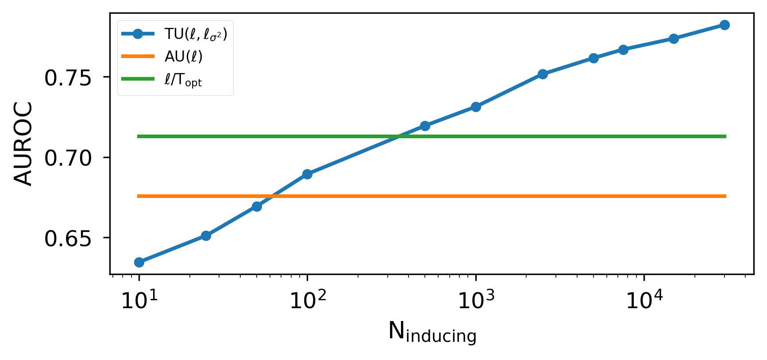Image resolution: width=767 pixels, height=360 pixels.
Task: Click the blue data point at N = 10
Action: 139,262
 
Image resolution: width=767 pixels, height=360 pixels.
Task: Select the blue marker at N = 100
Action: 307,174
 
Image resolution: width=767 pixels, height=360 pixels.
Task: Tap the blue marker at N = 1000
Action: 476,107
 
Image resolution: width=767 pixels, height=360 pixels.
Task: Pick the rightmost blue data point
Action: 725,25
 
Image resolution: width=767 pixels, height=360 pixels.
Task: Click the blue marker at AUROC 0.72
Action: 425,126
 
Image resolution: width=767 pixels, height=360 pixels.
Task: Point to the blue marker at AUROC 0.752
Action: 543,74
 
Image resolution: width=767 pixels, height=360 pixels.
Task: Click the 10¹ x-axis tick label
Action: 139,300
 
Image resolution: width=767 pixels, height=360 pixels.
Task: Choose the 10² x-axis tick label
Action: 307,300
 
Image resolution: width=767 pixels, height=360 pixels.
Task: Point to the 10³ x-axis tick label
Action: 476,300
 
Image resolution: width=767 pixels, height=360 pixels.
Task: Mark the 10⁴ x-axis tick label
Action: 644,300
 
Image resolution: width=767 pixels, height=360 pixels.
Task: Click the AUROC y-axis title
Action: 23,143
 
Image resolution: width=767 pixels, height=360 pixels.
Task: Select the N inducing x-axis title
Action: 432,332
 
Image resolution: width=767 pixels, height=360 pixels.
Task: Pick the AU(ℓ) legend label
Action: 183,56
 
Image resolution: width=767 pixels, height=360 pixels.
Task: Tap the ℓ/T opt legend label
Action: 183,80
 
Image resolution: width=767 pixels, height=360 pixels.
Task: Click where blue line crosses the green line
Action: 400,136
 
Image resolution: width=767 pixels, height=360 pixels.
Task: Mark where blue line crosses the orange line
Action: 271,196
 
